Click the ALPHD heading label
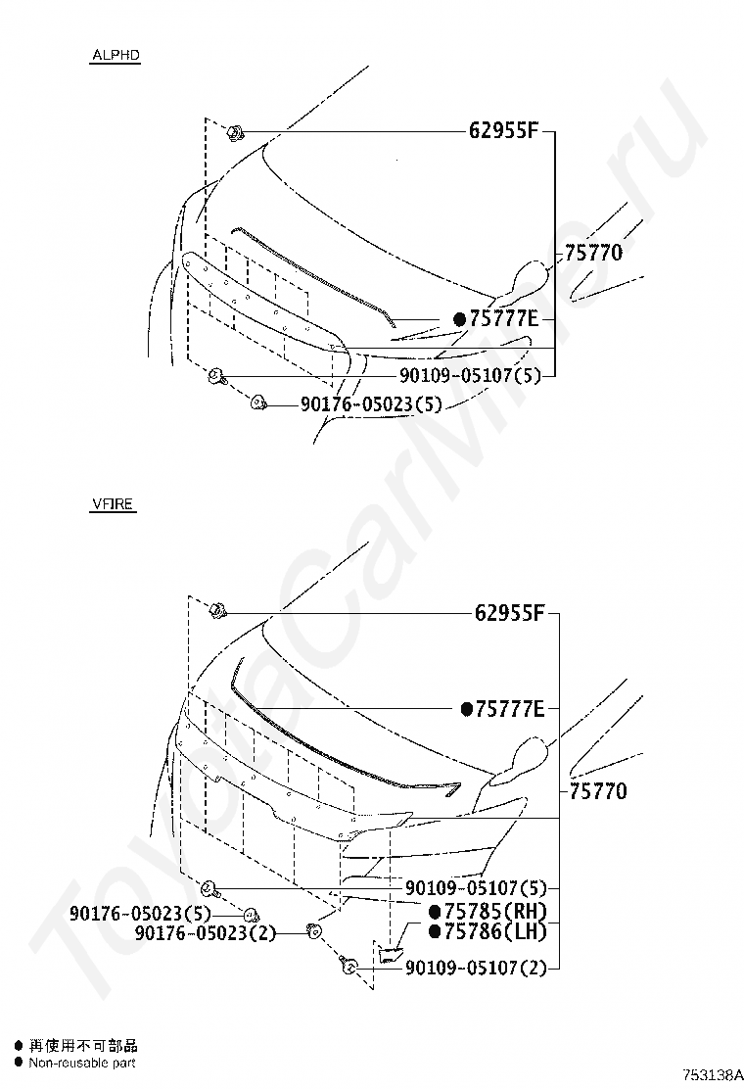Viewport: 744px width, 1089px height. [x=116, y=57]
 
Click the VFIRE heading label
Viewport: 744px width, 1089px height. [x=113, y=505]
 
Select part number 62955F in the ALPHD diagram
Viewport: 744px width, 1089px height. [x=506, y=131]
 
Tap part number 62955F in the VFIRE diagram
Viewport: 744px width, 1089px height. [x=509, y=613]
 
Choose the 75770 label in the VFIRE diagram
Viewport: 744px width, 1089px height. [x=595, y=791]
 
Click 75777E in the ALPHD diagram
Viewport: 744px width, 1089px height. [x=504, y=319]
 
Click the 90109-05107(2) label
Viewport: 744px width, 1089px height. [x=474, y=969]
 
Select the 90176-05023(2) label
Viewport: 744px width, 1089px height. [x=206, y=933]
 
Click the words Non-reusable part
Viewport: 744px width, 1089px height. [x=82, y=1063]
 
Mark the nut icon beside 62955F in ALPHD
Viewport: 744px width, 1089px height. [x=235, y=132]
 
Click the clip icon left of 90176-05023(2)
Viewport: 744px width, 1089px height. [x=314, y=930]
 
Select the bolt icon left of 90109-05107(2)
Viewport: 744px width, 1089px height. [x=348, y=968]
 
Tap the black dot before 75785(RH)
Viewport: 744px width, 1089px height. [x=436, y=911]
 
